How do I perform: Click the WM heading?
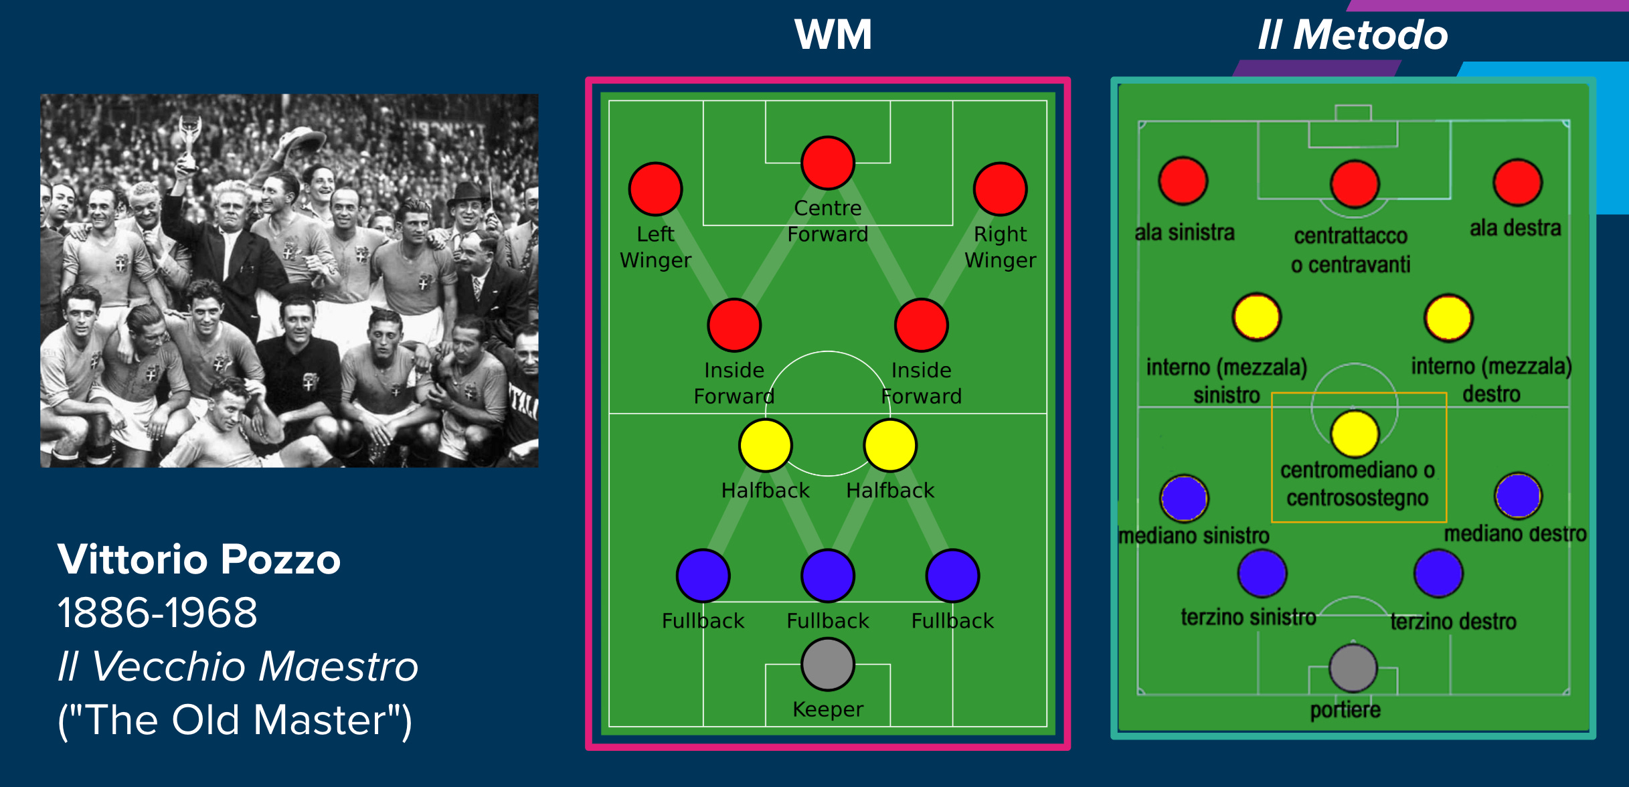click(x=833, y=35)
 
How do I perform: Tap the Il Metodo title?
click(x=1353, y=35)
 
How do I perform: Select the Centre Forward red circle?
click(x=828, y=163)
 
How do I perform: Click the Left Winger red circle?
click(x=655, y=189)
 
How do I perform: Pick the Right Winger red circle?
click(x=1000, y=189)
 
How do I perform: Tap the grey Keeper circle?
click(x=828, y=664)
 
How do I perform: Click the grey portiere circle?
click(x=1353, y=668)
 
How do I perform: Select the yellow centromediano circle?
click(x=1355, y=434)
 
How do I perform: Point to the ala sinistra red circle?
click(x=1183, y=181)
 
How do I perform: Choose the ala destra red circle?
click(x=1517, y=182)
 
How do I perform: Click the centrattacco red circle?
click(x=1355, y=184)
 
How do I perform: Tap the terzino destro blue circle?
click(x=1438, y=573)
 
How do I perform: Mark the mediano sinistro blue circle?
click(x=1184, y=498)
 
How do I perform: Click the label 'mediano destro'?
click(x=1515, y=533)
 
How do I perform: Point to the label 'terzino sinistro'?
click(x=1248, y=616)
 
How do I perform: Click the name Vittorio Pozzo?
click(x=199, y=559)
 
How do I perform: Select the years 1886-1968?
click(x=157, y=612)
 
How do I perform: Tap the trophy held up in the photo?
click(x=190, y=137)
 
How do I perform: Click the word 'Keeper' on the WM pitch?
click(x=828, y=709)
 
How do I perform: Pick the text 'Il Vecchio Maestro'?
click(x=238, y=667)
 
